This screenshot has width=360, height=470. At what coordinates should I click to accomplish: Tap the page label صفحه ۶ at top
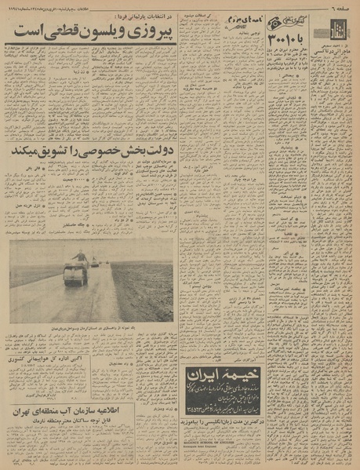pos(338,7)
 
